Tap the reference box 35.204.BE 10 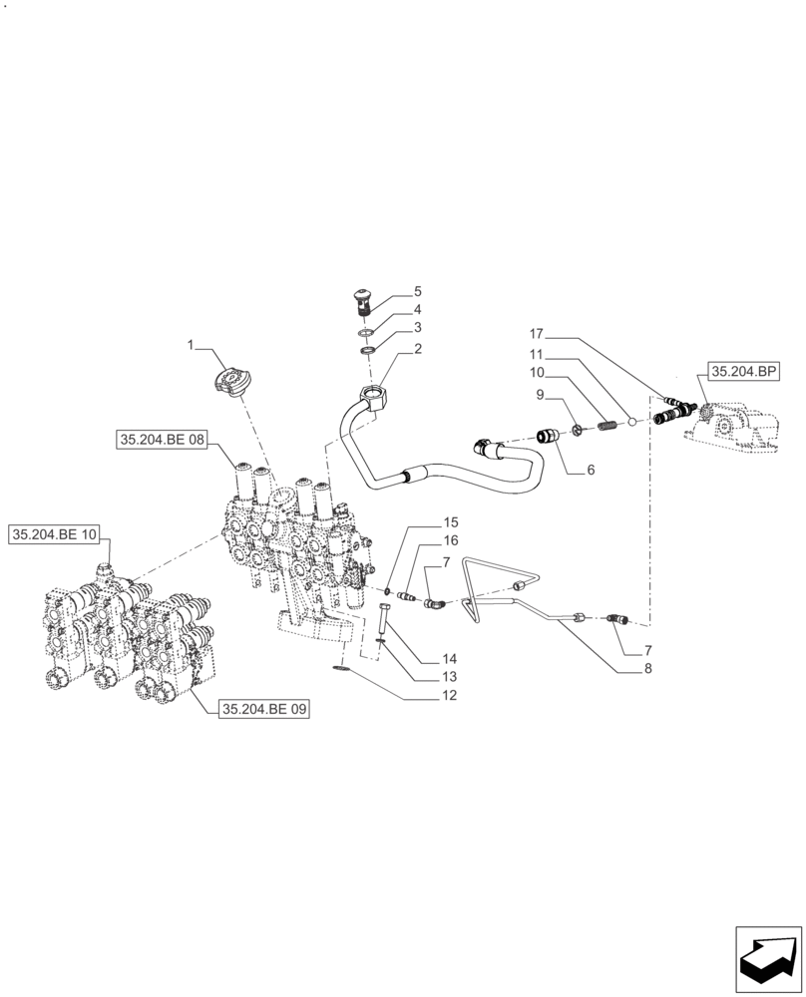[x=55, y=535]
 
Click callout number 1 [x=190, y=345]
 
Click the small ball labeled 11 [x=630, y=423]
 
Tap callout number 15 [x=450, y=522]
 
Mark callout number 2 [x=418, y=349]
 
